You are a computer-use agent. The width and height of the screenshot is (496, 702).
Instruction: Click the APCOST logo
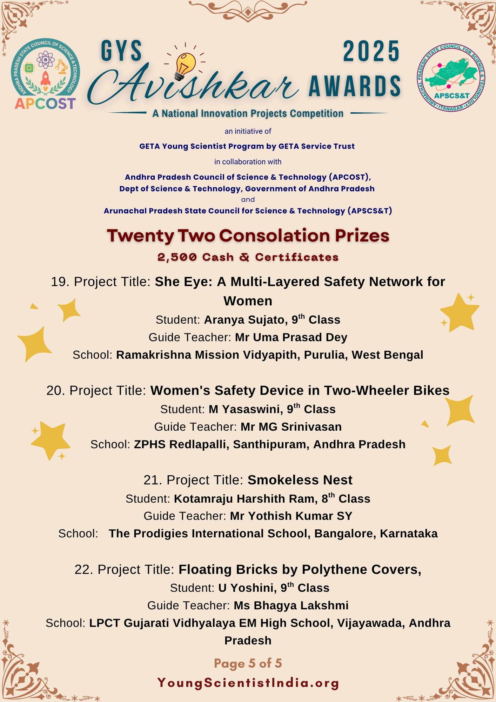45,74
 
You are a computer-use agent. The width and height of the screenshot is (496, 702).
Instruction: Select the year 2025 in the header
371,52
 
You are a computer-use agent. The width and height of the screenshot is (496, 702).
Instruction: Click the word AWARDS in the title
355,86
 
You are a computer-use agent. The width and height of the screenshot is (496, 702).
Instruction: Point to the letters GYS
121,52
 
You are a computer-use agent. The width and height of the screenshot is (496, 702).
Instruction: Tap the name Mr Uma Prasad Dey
291,337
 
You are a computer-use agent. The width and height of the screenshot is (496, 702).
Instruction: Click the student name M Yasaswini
246,409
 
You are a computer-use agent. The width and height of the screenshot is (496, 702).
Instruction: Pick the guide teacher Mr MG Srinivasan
291,427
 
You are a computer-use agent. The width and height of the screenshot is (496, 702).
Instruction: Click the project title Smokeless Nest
300,480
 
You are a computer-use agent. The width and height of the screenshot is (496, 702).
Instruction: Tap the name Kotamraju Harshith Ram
246,499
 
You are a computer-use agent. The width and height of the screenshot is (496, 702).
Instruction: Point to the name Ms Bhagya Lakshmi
291,605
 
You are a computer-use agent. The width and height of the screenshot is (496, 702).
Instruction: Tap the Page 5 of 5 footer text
248,663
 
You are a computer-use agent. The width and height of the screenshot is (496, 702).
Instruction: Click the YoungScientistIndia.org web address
248,683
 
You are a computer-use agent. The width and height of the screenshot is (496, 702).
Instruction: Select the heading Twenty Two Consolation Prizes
248,236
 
